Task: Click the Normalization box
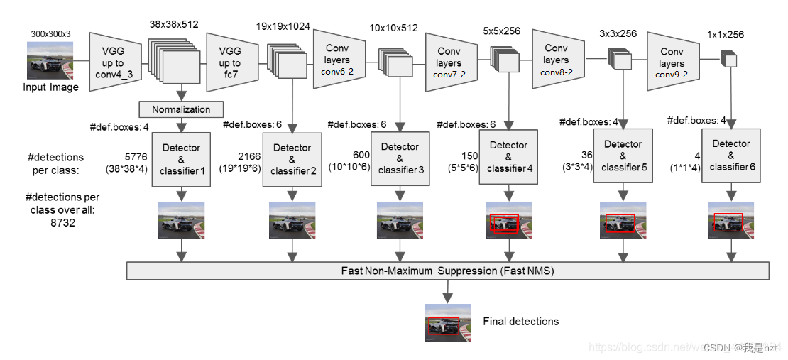181,109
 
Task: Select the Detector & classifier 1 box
181,158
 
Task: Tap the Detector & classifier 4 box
508,156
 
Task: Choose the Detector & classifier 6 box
730,155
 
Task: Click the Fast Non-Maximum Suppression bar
447,271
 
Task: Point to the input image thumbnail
50,60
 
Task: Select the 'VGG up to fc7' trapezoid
230,62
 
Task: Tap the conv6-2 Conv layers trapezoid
339,60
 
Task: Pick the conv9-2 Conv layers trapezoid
671,61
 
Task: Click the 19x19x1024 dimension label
283,27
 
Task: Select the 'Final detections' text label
520,322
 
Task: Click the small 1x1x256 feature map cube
729,59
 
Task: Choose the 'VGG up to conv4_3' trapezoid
117,62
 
